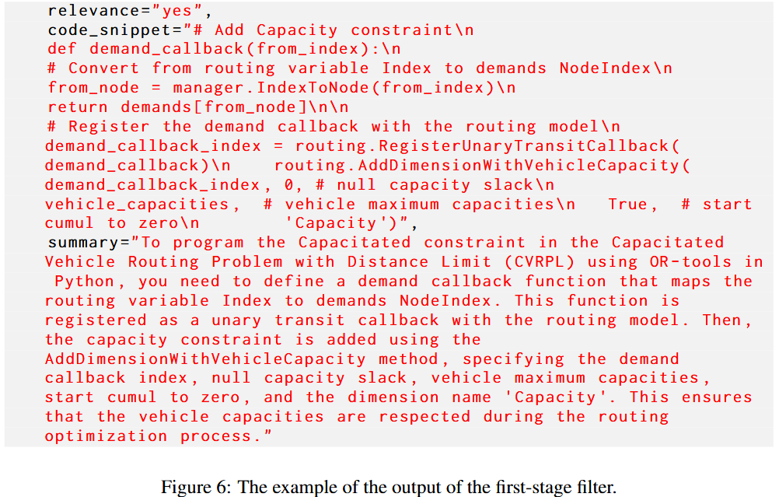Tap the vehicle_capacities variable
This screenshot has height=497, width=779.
point(137,205)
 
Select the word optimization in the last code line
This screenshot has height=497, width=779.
point(105,436)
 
